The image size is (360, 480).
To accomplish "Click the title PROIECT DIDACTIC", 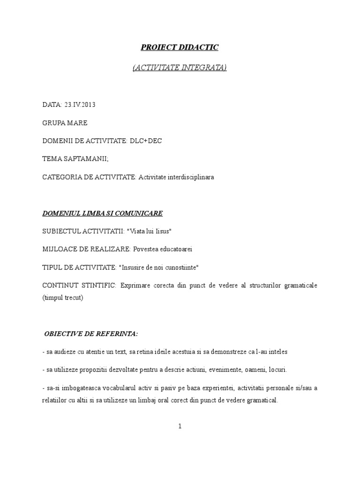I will click(x=180, y=47).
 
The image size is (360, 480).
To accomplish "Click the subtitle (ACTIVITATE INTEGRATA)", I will click(x=180, y=68).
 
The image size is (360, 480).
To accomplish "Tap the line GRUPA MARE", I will click(x=65, y=123).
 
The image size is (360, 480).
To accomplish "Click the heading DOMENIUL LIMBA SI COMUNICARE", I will click(x=102, y=213).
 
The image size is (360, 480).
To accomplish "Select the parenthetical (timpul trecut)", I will click(x=62, y=298).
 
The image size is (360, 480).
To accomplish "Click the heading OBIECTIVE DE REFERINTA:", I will click(x=91, y=334).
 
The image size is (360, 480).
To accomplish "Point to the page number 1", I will click(x=180, y=426).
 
